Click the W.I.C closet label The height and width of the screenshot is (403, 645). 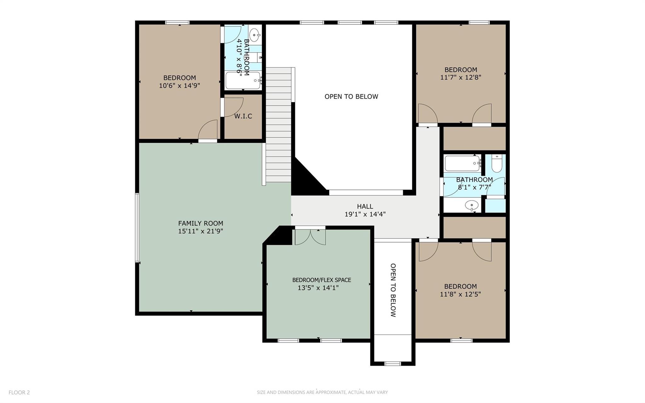243,116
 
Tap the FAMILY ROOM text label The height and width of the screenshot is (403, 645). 201,223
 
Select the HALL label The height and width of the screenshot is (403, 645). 365,206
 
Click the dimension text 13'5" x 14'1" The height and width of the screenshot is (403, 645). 318,288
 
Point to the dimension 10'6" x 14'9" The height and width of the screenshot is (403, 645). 180,85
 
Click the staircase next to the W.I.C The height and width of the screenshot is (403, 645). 278,126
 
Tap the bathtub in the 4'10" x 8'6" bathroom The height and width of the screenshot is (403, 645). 243,81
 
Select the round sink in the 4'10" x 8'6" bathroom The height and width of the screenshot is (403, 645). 254,33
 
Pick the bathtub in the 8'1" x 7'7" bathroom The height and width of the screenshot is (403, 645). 462,163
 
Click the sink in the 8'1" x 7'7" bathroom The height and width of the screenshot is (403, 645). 471,205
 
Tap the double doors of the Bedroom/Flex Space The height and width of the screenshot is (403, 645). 310,237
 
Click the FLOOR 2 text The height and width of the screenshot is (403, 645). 19,392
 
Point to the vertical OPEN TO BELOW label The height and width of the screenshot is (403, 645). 393,290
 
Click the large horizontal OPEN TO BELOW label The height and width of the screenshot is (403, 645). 351,97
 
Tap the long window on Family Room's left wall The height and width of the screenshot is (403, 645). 137,227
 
